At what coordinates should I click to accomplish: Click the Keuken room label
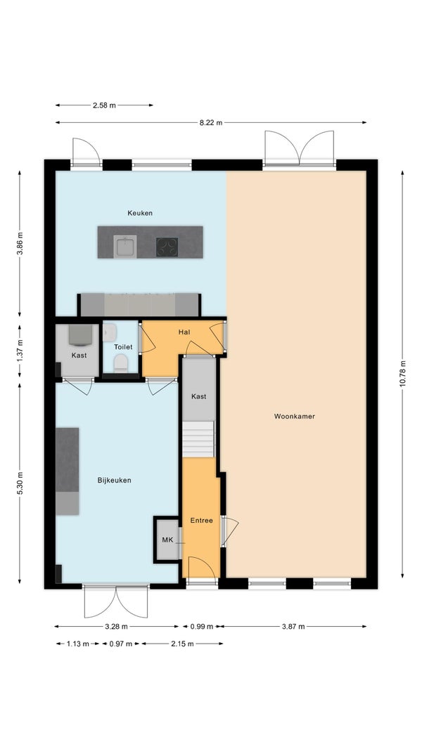[x=140, y=213]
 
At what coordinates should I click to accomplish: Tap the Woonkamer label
[x=295, y=416]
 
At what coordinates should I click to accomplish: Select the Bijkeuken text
[x=114, y=480]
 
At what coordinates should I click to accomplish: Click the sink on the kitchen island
[x=125, y=247]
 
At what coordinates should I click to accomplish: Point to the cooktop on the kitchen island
[x=167, y=247]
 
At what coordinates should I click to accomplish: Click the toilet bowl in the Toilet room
[x=121, y=363]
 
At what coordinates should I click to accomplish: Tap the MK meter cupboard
[x=167, y=540]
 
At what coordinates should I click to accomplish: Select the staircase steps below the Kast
[x=198, y=439]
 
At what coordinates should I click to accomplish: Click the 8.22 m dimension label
[x=211, y=122]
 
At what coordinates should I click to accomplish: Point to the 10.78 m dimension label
[x=402, y=374]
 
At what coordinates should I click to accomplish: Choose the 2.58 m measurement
[x=104, y=105]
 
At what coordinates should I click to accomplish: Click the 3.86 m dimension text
[x=20, y=244]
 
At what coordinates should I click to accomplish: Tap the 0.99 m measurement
[x=202, y=626]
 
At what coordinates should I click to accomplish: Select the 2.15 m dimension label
[x=183, y=644]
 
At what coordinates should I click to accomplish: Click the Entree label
[x=201, y=520]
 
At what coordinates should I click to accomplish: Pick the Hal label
[x=184, y=332]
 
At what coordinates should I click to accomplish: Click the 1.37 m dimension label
[x=20, y=350]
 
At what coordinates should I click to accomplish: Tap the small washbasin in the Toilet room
[x=109, y=332]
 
